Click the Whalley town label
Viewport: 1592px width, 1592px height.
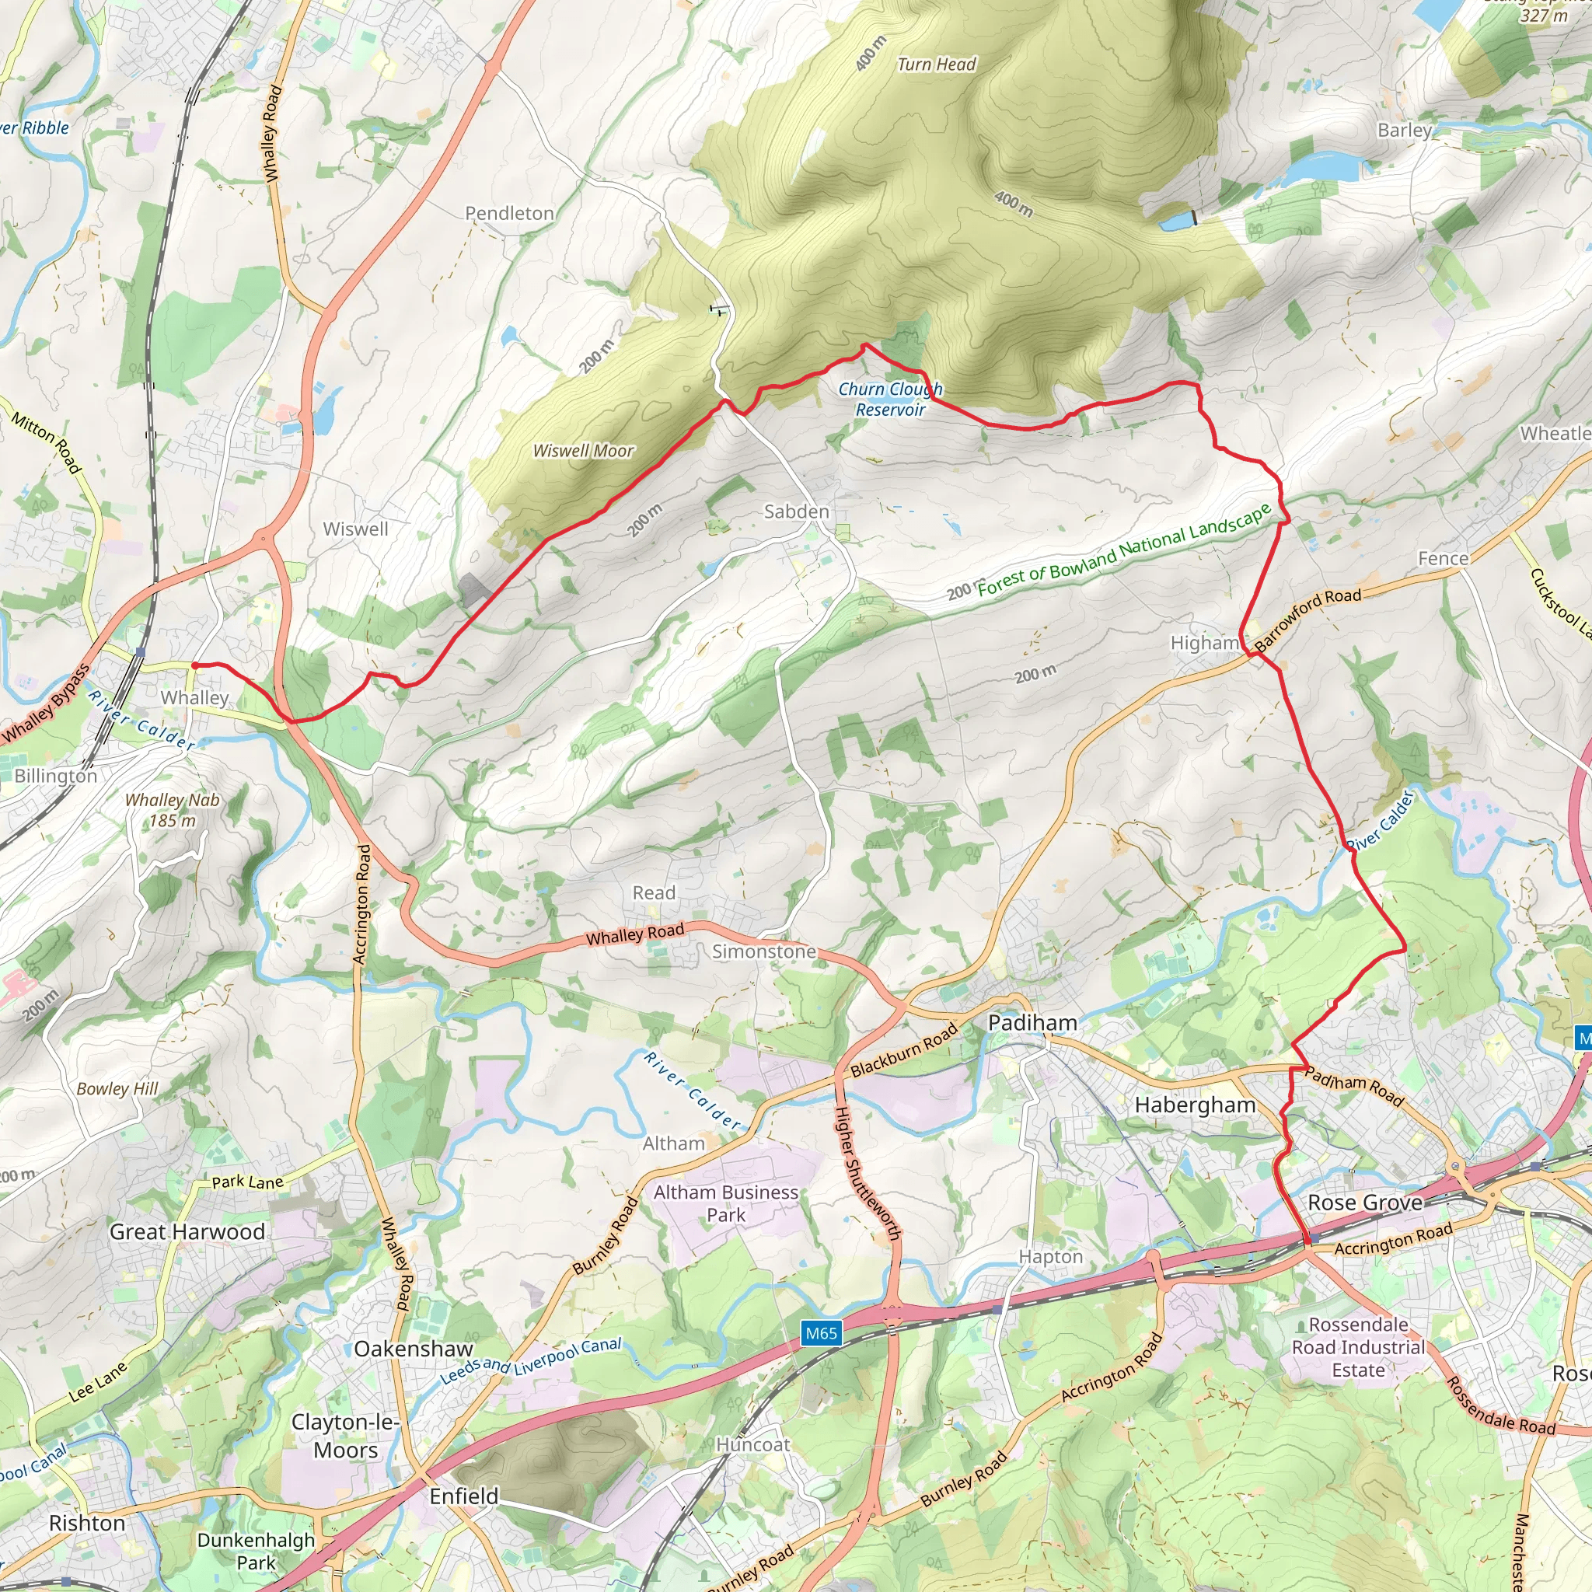pos(194,698)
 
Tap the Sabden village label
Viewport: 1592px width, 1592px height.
pos(796,511)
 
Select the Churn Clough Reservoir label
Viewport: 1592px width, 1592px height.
pos(890,399)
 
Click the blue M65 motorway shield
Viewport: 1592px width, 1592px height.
pos(821,1333)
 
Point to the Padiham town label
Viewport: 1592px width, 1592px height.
pos(1032,1023)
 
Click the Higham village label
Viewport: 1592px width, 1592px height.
pos(1204,643)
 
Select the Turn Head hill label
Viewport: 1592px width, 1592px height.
pos(936,65)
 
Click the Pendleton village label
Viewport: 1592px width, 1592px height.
pos(509,214)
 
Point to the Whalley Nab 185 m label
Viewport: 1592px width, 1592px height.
pos(173,810)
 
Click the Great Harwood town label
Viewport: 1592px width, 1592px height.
pos(187,1232)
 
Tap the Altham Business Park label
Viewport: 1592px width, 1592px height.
pos(725,1203)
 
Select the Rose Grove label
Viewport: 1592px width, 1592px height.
pos(1364,1203)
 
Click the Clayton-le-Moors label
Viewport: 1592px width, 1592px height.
pos(345,1437)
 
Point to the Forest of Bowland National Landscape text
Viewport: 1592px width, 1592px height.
pos(1124,550)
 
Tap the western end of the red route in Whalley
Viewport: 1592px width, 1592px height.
pos(194,665)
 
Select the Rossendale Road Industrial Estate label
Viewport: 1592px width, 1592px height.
pos(1358,1347)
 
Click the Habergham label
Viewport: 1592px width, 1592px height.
pos(1195,1105)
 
